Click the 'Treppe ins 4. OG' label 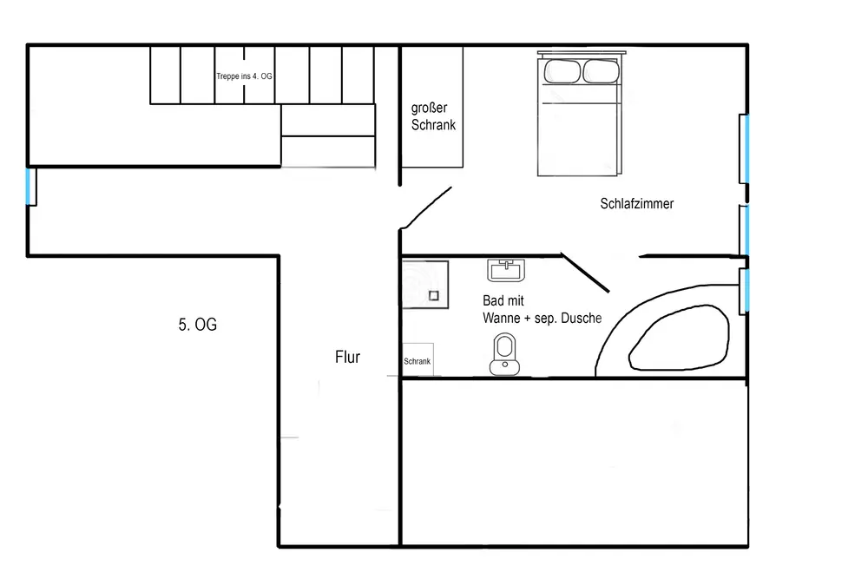244,76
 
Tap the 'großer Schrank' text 433,116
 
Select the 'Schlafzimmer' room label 637,204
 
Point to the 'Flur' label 347,357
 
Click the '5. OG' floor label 197,326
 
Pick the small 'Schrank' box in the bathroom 418,362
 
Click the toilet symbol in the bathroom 503,356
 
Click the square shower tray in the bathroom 424,284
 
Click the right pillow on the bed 600,71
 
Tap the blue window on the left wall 30,187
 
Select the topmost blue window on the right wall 745,148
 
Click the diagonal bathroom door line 588,273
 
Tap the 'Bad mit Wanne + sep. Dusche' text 542,309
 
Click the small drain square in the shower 434,296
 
